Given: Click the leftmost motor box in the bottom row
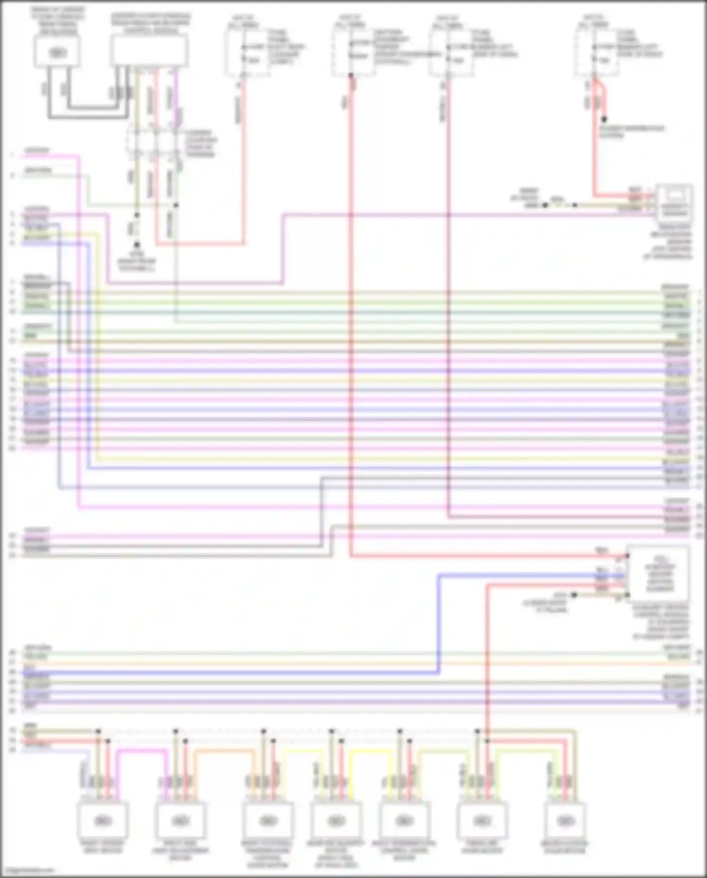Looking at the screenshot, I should (x=102, y=820).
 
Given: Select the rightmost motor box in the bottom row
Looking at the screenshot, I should (x=565, y=820).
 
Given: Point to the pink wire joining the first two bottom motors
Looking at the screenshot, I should (x=141, y=751).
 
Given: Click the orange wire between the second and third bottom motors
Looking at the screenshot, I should (x=222, y=751).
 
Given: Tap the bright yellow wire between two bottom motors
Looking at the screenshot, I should (x=370, y=751).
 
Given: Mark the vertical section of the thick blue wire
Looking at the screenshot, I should (x=439, y=623).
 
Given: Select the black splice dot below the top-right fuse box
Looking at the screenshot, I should (x=604, y=119).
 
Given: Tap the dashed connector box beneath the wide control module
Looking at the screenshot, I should (x=153, y=142).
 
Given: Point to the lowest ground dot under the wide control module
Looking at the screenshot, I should (x=137, y=245).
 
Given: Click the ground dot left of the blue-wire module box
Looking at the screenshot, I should (x=574, y=595).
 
